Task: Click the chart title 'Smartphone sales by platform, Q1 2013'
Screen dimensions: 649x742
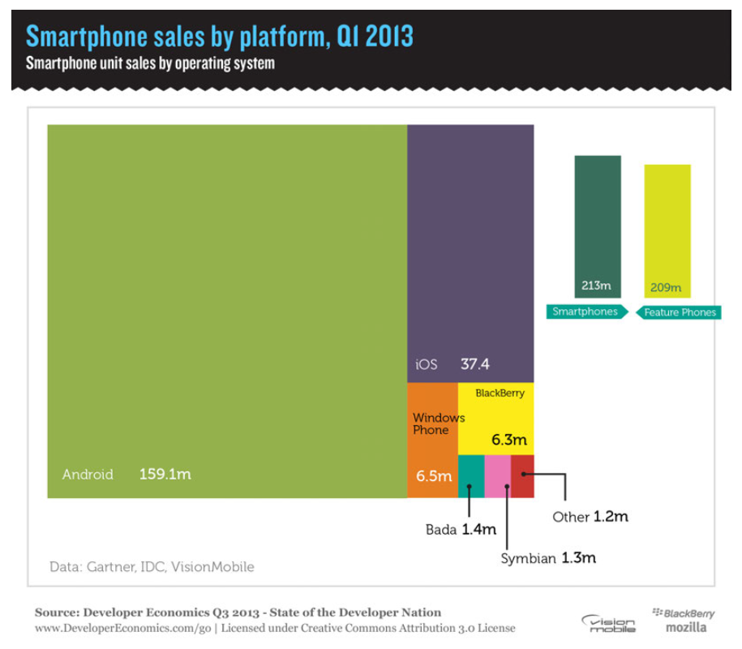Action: (x=220, y=37)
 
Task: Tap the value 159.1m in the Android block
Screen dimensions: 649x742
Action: (x=165, y=474)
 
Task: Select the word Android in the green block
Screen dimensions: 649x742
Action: (x=88, y=474)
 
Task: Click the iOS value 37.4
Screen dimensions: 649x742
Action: (x=475, y=364)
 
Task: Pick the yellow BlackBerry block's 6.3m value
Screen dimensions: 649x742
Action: (x=508, y=441)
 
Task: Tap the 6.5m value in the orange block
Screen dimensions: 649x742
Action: (x=434, y=476)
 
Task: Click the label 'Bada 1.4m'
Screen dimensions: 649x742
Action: (x=460, y=530)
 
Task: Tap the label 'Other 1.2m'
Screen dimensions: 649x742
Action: (x=590, y=516)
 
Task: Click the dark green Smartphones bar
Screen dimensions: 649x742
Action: (x=598, y=219)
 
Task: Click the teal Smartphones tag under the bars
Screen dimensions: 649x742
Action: (x=585, y=312)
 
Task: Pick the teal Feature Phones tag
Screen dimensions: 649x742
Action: (x=679, y=312)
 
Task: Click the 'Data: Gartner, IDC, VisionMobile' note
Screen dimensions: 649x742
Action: (x=152, y=566)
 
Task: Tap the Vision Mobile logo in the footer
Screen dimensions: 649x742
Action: (x=608, y=623)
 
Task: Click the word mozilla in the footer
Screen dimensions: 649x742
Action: (x=685, y=627)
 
